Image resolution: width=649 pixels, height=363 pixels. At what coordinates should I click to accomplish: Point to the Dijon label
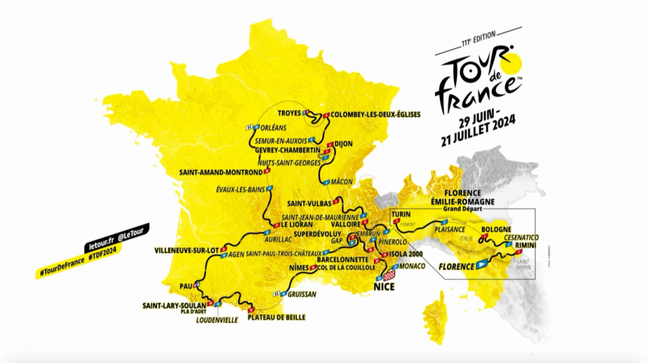point(343,144)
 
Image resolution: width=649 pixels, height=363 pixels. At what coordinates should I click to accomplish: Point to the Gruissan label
point(301,295)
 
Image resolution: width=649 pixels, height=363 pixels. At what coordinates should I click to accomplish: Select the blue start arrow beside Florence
point(482,263)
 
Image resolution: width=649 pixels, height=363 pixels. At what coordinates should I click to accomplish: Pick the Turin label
point(401,214)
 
